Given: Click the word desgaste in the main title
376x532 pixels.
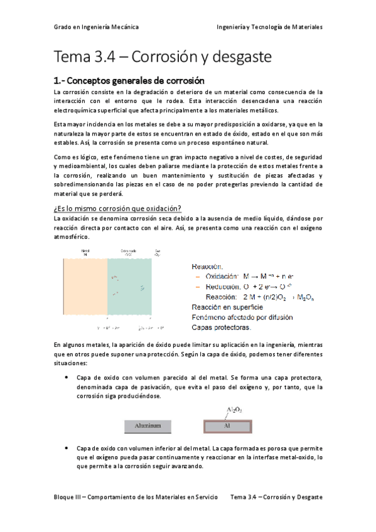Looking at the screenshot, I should coord(242,57).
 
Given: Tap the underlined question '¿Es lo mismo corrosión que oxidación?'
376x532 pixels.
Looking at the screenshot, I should coord(118,208).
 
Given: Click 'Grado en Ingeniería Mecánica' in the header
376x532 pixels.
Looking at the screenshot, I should coord(96,28).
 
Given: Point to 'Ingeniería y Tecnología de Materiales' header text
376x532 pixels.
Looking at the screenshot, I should coord(269,28).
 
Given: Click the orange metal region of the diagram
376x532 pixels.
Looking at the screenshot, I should coord(85,287).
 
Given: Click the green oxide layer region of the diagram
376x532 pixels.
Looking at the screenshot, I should coord(129,287).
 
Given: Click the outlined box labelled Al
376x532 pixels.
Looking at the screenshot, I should coord(228,426).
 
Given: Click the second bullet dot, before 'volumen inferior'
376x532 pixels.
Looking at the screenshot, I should coord(67,449).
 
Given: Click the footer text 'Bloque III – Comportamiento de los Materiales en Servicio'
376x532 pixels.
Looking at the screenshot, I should coord(135,497).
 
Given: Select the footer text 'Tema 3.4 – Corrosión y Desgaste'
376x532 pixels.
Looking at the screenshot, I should coord(276,497).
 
